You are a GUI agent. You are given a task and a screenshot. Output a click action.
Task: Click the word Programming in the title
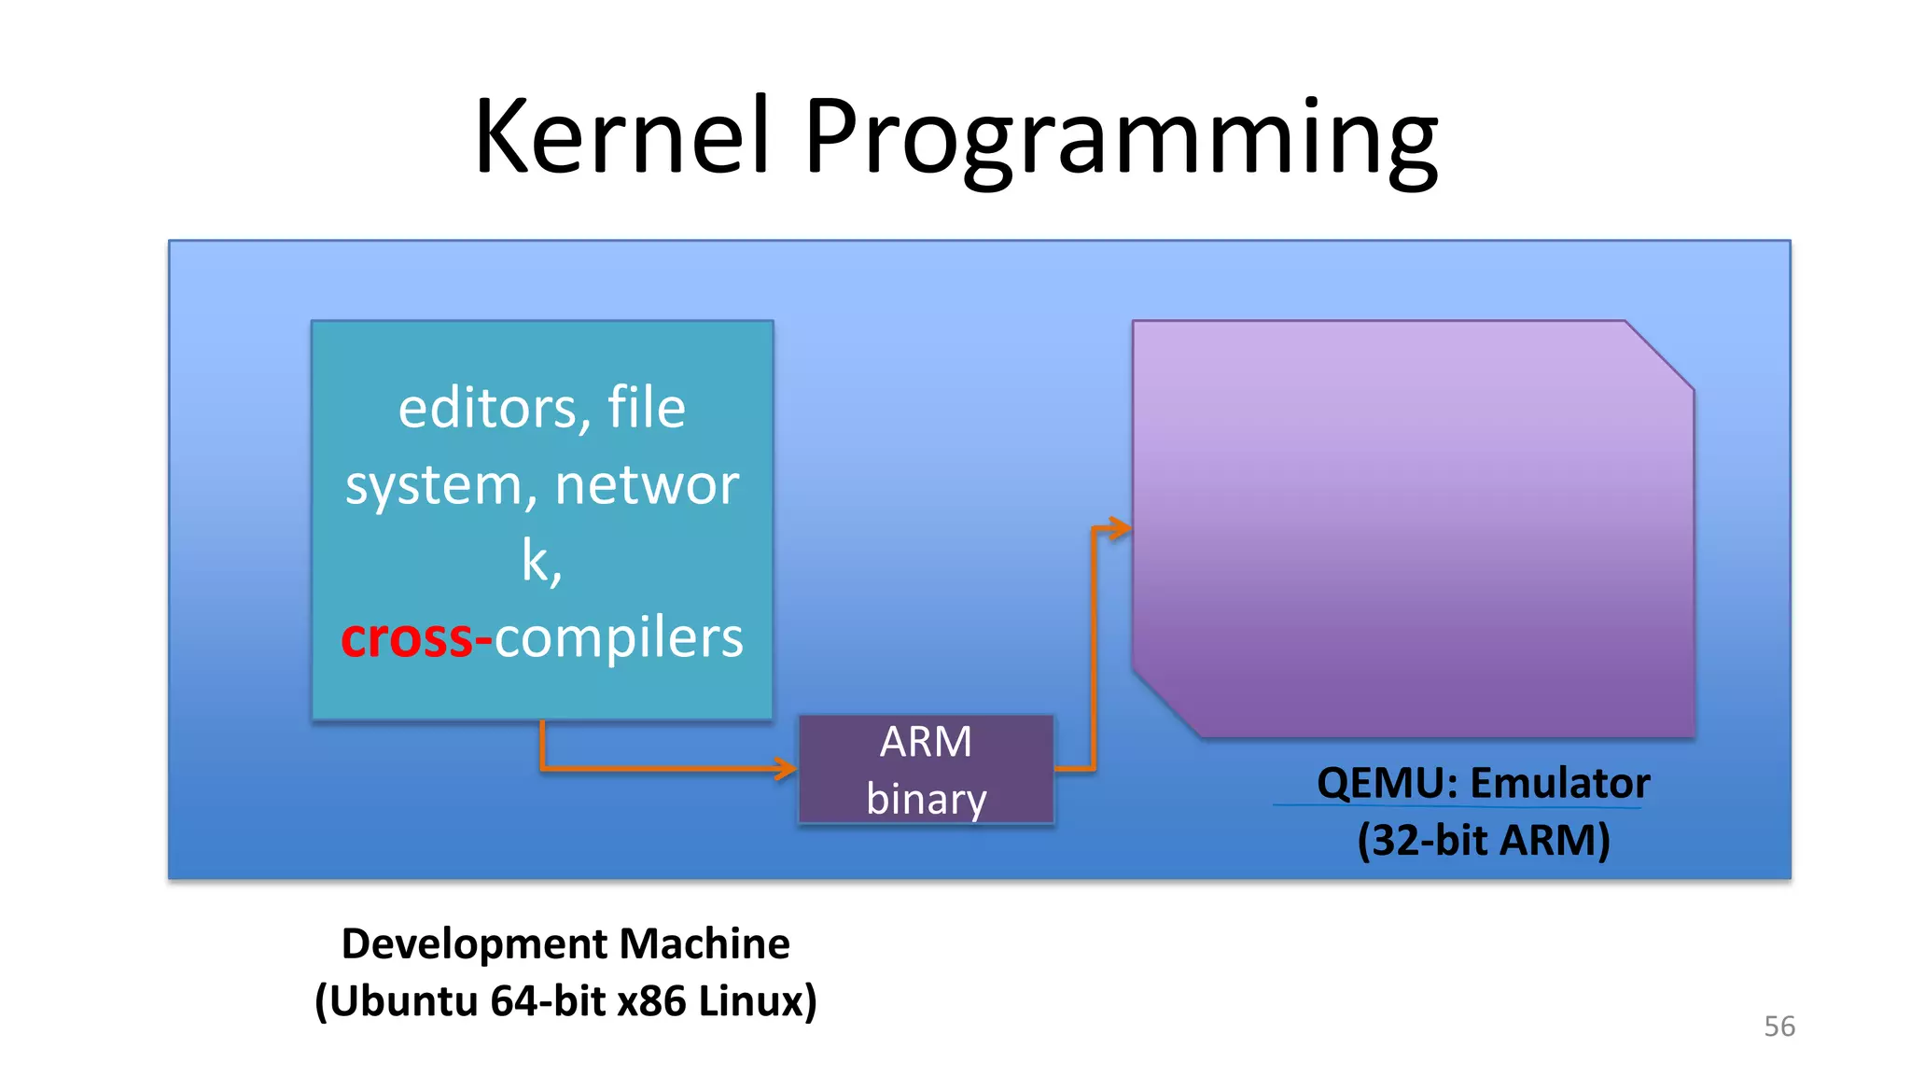(1120, 140)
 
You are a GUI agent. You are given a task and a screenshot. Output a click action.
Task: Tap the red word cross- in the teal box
(415, 639)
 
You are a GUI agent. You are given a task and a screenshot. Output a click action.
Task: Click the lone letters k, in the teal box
(541, 562)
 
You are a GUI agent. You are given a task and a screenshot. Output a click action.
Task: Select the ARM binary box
(926, 769)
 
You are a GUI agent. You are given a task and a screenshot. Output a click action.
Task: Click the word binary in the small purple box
(926, 799)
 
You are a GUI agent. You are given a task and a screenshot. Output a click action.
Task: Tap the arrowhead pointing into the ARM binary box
(787, 769)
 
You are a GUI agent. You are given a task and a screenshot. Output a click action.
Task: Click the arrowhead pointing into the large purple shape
(1119, 529)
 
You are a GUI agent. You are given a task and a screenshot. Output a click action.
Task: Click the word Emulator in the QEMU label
(1559, 783)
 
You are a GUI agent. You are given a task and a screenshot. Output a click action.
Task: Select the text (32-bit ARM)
(1484, 840)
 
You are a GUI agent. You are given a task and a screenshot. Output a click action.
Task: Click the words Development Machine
(565, 943)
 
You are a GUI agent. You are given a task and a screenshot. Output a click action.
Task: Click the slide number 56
(1778, 1026)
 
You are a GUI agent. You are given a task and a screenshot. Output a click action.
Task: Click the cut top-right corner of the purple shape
(1659, 356)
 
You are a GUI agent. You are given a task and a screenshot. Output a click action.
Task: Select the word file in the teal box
(646, 409)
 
